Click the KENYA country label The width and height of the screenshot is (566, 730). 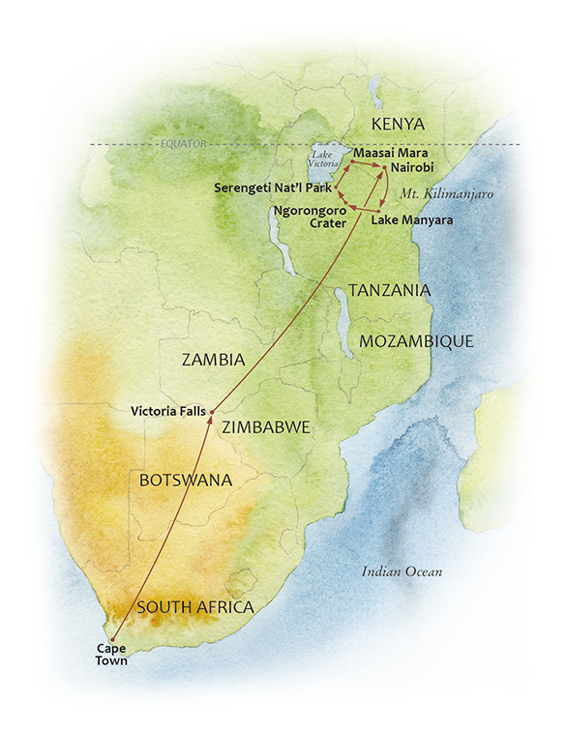pos(399,124)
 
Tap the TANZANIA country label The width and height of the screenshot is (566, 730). pos(389,290)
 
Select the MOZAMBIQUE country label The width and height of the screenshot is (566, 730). pos(416,341)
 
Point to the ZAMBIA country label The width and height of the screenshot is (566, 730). pos(213,360)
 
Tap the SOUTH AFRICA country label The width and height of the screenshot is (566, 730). pos(195,607)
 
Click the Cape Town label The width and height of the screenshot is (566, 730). pos(111,656)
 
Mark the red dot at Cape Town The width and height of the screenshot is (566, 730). pos(113,640)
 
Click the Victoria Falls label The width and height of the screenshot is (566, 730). pos(167,411)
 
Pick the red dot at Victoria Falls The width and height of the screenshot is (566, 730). pos(212,410)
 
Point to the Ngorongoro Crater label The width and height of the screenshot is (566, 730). pos(307,215)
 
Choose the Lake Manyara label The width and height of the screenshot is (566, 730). pos(412,220)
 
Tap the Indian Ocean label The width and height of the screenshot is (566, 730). pos(402,571)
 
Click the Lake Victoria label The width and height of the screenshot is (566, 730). pos(323,159)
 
